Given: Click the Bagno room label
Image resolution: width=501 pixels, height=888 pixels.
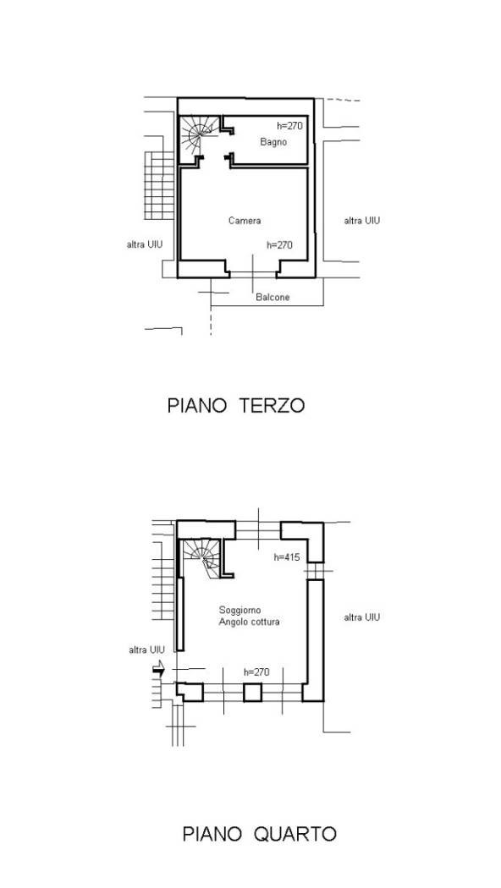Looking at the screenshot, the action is tap(273, 142).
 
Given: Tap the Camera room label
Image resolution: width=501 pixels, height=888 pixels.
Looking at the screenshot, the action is tap(245, 220).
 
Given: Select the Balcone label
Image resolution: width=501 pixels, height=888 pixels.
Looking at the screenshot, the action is tap(273, 297).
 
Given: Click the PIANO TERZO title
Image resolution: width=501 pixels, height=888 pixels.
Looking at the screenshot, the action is tap(236, 405).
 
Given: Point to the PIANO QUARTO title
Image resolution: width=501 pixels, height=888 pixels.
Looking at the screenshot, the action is tap(259, 834).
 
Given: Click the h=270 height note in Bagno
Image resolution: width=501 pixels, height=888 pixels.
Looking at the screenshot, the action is tap(289, 126).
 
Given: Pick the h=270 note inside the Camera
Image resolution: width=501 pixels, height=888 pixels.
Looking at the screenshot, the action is tap(279, 244).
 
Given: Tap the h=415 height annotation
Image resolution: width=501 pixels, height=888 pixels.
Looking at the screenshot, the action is tap(287, 557).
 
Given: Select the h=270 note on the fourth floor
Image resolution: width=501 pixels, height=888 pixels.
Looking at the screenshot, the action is tap(256, 672).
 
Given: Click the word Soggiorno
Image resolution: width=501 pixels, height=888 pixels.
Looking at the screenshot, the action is tap(239, 610).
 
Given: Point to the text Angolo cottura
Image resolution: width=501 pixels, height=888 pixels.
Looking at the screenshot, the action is tap(250, 622).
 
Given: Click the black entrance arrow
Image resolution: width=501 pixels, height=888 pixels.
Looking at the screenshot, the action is tap(159, 669).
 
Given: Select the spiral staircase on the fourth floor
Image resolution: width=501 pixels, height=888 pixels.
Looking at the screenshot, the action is tap(202, 557).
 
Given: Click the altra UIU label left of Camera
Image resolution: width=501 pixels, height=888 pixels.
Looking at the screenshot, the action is tap(145, 244).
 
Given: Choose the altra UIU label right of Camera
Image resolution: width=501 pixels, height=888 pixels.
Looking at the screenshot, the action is tap(361, 220).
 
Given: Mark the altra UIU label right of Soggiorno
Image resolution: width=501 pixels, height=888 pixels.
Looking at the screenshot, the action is tap(361, 617).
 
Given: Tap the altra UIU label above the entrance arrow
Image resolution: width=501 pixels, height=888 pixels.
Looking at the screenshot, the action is tap(146, 650).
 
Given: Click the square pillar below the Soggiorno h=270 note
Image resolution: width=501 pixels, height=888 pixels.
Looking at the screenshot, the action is tap(252, 692).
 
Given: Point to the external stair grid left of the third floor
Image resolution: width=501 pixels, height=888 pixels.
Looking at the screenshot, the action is tap(159, 186).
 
